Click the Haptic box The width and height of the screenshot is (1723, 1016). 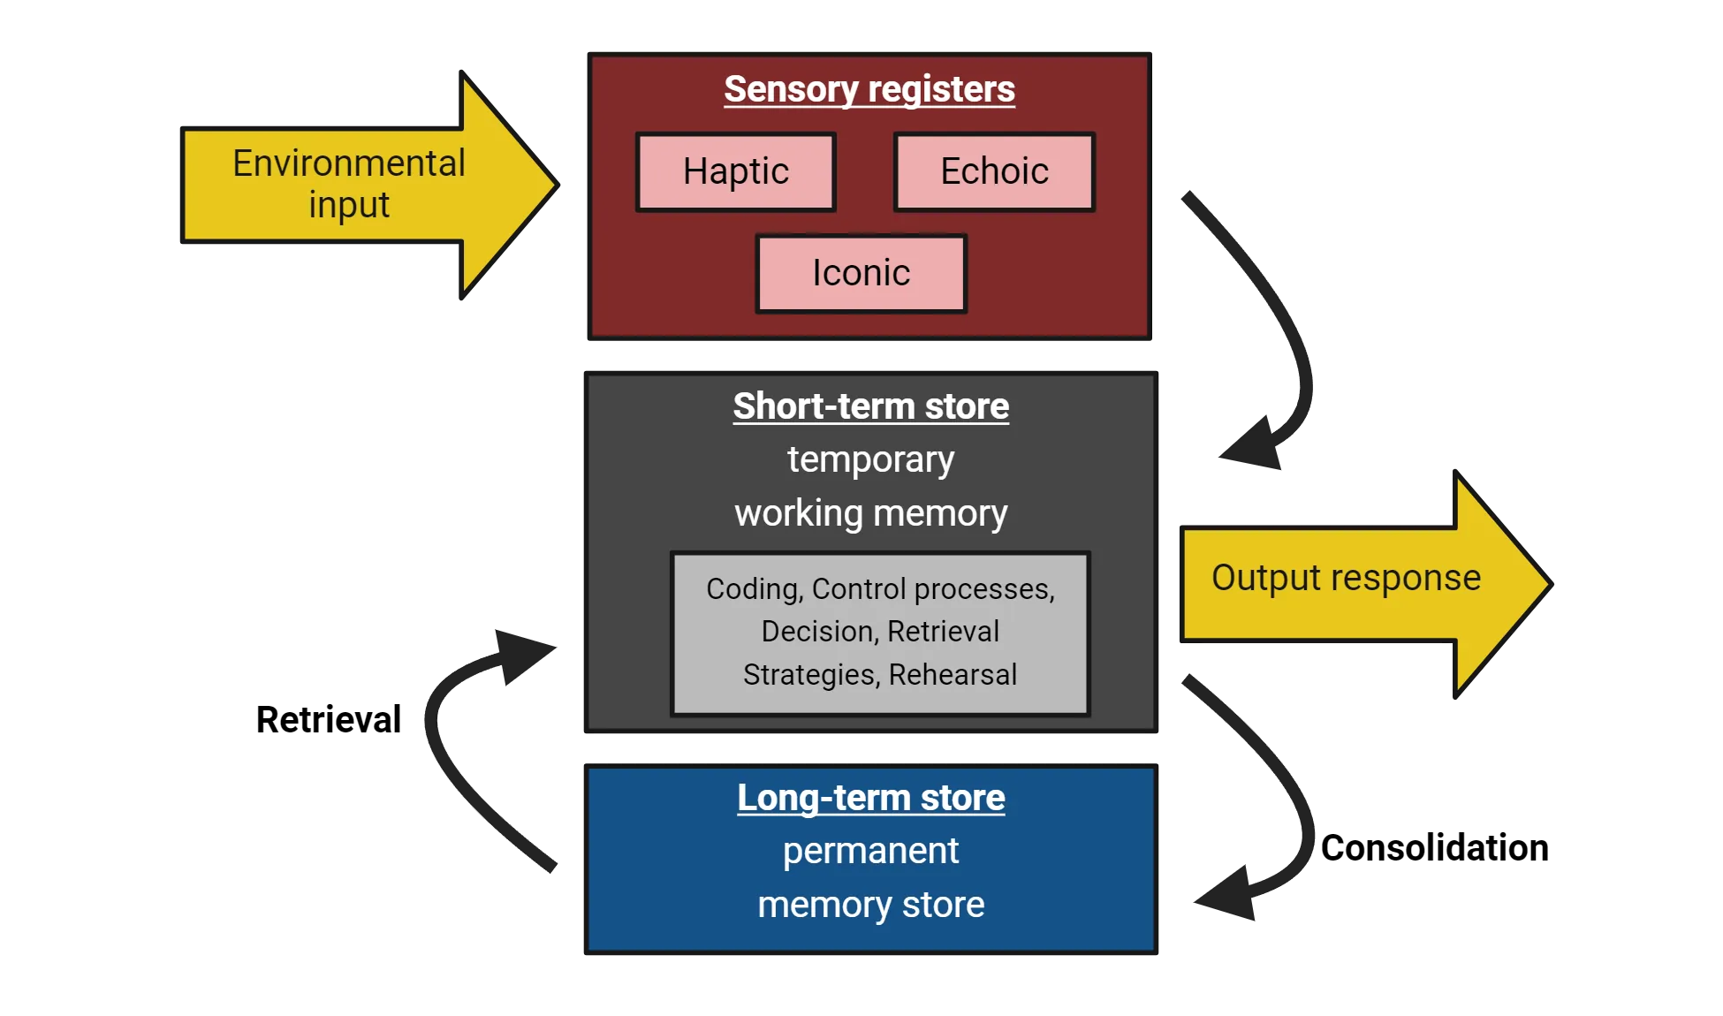(735, 171)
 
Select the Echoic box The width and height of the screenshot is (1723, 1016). (994, 171)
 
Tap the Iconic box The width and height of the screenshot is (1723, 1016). (861, 273)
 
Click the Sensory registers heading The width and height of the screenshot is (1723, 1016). (869, 89)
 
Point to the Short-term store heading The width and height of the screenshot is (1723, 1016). (870, 406)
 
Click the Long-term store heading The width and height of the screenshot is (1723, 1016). (870, 798)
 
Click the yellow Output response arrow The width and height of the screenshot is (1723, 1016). (1352, 582)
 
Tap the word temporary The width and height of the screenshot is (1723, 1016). (870, 459)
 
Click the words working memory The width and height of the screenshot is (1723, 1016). (870, 513)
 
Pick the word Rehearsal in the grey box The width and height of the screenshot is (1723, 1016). (953, 675)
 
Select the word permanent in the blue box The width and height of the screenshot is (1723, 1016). (870, 852)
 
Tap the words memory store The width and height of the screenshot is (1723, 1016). (870, 906)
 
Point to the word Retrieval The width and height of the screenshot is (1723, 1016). (943, 632)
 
